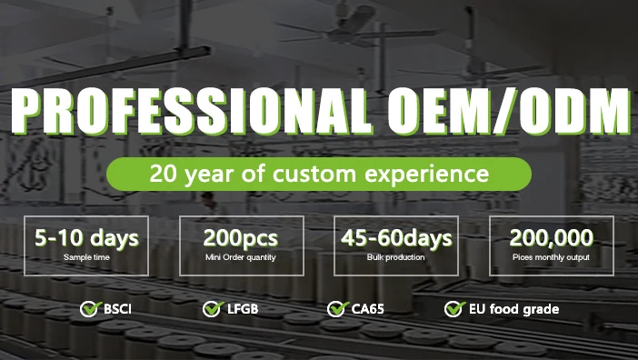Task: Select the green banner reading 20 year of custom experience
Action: pos(318,173)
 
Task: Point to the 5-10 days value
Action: pos(86,239)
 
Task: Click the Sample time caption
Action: pos(86,257)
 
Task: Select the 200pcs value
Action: pos(241,239)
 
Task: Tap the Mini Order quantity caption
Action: pos(241,257)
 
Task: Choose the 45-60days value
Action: pos(396,239)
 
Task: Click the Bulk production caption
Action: pos(396,257)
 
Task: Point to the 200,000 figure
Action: pos(552,239)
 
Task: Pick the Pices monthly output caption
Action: pos(552,257)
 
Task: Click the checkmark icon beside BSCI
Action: pos(88,309)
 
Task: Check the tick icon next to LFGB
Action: pos(212,309)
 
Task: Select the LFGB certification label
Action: pos(243,310)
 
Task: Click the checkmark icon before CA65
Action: pos(336,309)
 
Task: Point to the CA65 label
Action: pos(367,310)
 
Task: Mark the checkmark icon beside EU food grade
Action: pos(454,309)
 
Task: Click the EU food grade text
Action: pos(514,310)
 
